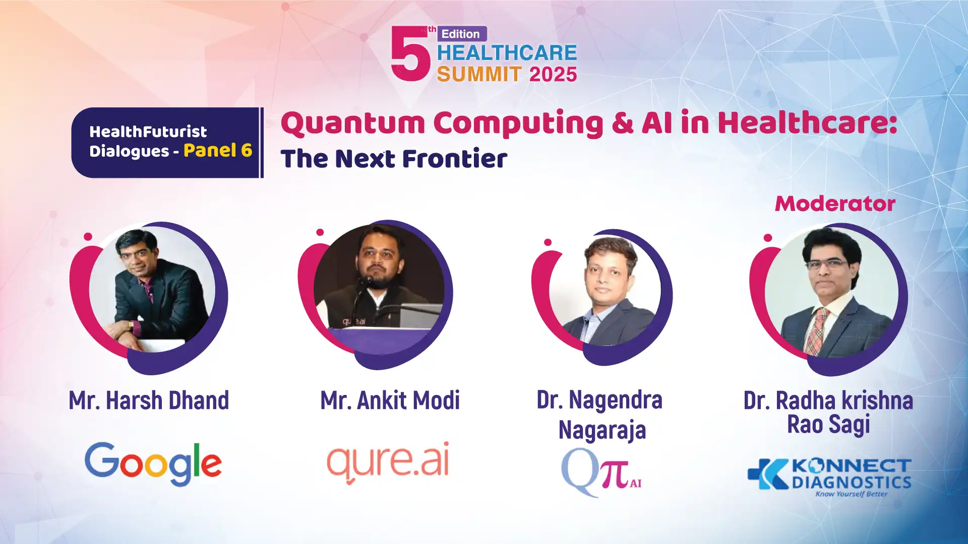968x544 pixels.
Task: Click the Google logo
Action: tap(153, 463)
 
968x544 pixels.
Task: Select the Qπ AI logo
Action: tap(601, 472)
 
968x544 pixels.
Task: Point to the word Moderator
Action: tap(835, 203)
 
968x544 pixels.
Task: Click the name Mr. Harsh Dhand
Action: tap(149, 400)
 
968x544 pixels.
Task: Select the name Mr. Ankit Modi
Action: tap(390, 400)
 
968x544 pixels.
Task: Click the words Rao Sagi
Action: tap(829, 424)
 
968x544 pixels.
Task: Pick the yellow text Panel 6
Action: tap(218, 150)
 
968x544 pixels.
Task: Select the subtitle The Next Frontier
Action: tap(394, 159)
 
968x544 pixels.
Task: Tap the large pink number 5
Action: tap(410, 53)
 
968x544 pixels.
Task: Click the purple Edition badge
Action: tap(462, 34)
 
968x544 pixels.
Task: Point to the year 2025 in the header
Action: tap(553, 75)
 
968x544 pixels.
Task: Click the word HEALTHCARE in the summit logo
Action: tap(507, 53)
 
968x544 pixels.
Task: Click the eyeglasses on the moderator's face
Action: tap(827, 264)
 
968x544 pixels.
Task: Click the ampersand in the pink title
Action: tap(623, 123)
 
